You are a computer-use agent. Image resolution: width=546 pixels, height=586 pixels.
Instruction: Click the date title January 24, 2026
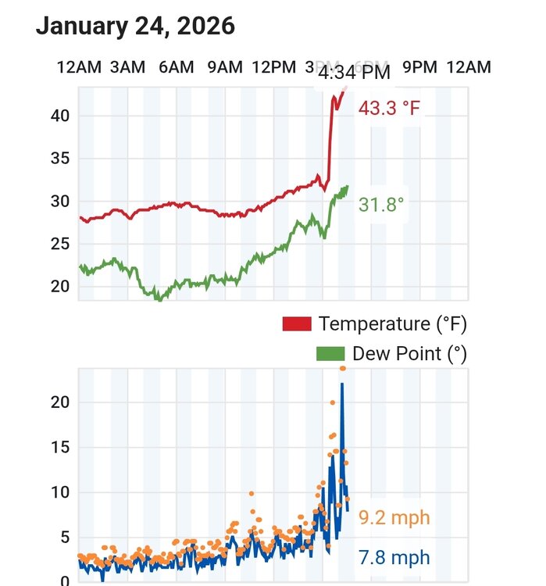point(135,26)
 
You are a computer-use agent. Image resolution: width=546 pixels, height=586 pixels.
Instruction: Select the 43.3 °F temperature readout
point(389,108)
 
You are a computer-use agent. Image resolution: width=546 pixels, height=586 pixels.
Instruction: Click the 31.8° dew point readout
point(382,205)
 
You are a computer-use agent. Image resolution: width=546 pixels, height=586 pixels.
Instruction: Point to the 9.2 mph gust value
point(394,517)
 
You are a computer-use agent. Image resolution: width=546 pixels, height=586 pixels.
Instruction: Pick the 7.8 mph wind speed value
point(394,557)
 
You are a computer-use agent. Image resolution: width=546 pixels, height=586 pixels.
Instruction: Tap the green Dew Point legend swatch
point(330,353)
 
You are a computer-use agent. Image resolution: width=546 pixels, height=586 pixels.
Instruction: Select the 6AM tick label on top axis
point(176,67)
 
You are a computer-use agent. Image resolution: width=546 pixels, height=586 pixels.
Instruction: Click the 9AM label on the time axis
point(225,67)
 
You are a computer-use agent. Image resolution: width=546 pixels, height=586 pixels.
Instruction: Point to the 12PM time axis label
point(274,67)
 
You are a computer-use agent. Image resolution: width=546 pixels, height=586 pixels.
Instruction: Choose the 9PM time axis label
point(419,67)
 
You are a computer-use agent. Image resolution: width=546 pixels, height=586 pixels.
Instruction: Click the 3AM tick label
point(127,67)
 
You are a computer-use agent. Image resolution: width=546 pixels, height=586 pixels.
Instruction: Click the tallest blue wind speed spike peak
point(342,384)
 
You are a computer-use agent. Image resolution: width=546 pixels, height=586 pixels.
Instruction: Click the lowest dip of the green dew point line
point(159,298)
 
